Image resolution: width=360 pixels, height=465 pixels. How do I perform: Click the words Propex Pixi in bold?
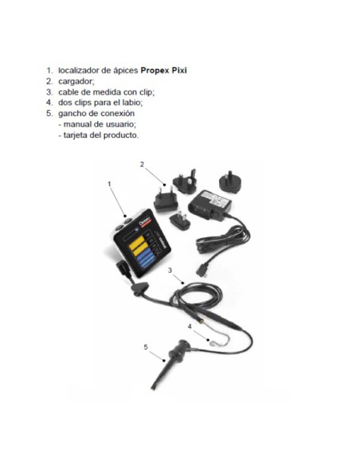pos(170,70)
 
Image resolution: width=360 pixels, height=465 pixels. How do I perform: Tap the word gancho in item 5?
pos(74,114)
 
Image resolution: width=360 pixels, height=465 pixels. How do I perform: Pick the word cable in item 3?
pos(70,92)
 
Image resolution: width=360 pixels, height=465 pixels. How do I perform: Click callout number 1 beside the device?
pos(109,184)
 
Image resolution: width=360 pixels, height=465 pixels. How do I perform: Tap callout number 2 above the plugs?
pos(142,165)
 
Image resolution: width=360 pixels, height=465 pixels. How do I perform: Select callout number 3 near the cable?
pos(170,272)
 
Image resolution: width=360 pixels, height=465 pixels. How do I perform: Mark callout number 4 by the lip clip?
pos(190,326)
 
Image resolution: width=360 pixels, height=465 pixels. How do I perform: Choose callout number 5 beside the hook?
pos(146,347)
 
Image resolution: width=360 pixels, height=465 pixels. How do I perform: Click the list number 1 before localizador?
pos(49,70)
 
